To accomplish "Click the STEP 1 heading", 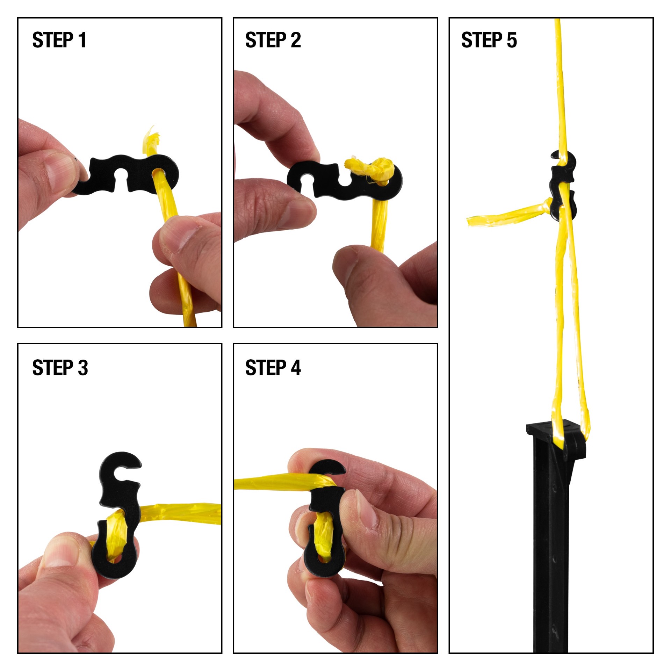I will point(59,40).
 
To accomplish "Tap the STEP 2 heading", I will point(273,40).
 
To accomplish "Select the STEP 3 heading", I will point(60,368).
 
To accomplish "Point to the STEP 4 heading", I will point(273,368).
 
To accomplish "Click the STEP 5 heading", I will point(489,40).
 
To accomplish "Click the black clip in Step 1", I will point(105,175).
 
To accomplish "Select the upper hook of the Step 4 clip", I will point(327,468).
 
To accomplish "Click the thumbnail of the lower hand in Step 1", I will point(182,238).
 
